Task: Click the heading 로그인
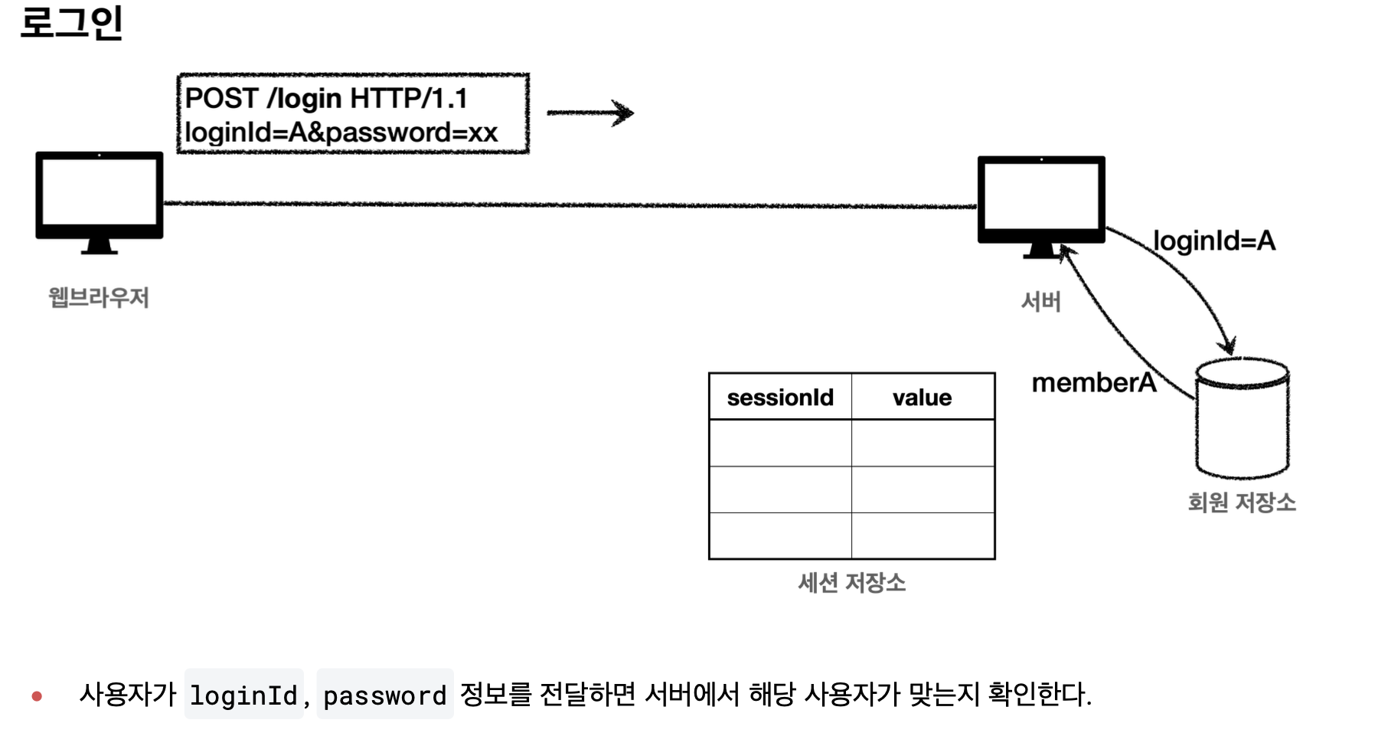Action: point(71,23)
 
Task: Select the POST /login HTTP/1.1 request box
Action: point(352,114)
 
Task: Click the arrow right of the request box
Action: point(590,113)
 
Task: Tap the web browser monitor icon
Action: point(100,201)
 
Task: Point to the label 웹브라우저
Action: point(99,297)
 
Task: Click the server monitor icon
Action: point(1040,204)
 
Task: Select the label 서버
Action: point(1040,302)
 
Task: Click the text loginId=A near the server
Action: point(1213,240)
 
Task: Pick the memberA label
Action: point(1093,382)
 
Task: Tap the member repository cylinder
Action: point(1242,418)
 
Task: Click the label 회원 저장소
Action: point(1241,502)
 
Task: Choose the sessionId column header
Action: point(780,398)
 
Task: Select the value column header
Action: point(922,398)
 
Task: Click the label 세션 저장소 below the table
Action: point(851,583)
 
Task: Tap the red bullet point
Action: point(37,696)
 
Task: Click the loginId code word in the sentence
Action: point(243,695)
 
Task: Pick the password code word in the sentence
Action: point(384,695)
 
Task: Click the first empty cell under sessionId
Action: point(780,443)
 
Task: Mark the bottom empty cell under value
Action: point(923,535)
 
